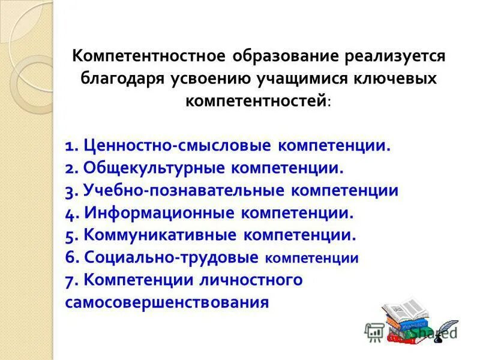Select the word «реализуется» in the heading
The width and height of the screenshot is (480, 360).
396,57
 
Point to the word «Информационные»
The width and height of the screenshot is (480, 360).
159,213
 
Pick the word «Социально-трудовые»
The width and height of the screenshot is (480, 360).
171,258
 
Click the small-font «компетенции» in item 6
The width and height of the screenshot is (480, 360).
311,259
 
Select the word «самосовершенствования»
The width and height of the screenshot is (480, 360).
167,302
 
